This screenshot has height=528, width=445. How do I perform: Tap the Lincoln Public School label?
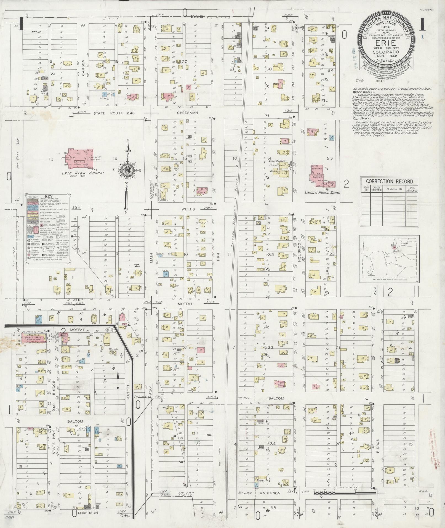click(322, 192)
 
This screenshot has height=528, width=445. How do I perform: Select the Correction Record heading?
click(389, 181)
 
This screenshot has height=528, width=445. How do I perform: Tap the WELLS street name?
click(188, 209)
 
